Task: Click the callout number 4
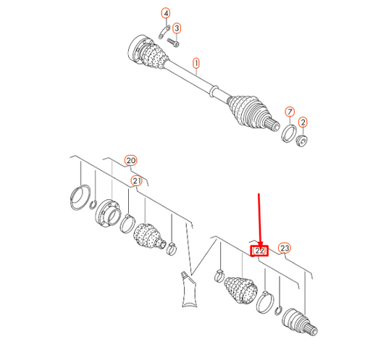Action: (166, 13)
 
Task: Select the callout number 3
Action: (177, 28)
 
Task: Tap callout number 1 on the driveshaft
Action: (196, 63)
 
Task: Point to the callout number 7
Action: (290, 112)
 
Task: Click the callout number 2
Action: (303, 122)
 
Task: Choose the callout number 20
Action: (130, 161)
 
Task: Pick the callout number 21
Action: (137, 181)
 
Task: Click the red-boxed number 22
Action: (259, 251)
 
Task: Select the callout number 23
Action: (285, 248)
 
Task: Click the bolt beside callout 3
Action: (173, 43)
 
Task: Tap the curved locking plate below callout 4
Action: (164, 32)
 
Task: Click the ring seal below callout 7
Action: (289, 133)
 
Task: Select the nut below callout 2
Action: (301, 141)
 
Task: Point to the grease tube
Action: (189, 289)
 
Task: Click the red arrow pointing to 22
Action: (259, 219)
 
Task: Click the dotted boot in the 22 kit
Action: (241, 290)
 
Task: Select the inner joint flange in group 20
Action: (108, 212)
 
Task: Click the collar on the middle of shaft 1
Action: (214, 91)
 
